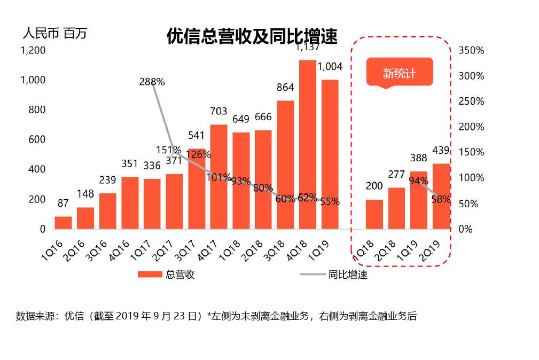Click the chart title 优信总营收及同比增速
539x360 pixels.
coord(252,37)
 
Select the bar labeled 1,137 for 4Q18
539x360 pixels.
coord(307,144)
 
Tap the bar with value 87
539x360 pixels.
coord(63,223)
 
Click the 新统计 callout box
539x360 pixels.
coord(399,73)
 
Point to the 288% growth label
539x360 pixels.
coord(152,82)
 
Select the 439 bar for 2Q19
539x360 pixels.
coord(441,196)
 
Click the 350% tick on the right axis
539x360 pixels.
coord(471,51)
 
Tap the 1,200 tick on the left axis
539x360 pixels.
coord(33,51)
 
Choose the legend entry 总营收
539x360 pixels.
coord(166,275)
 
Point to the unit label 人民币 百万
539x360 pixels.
coord(54,34)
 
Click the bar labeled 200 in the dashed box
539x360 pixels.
coord(374,214)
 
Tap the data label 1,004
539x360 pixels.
coord(330,67)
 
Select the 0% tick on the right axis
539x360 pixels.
coord(466,229)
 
